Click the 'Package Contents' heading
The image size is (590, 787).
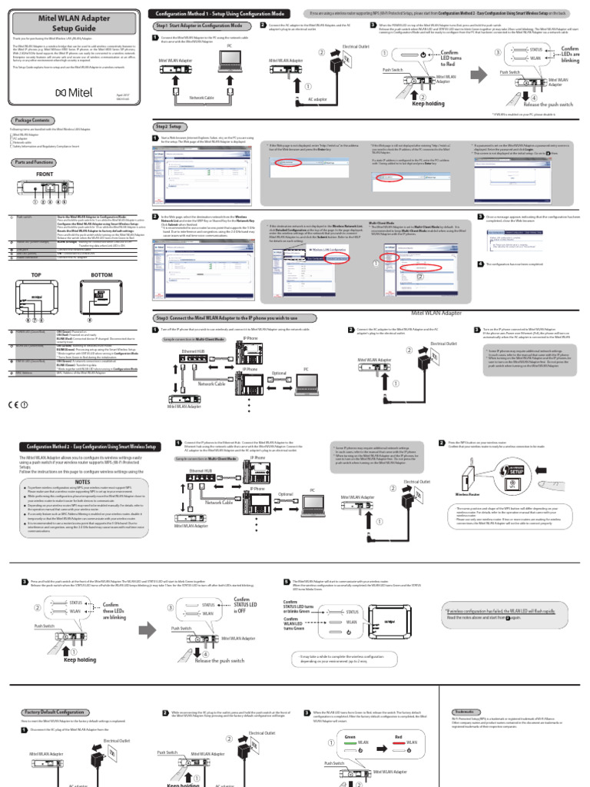[35, 121]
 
